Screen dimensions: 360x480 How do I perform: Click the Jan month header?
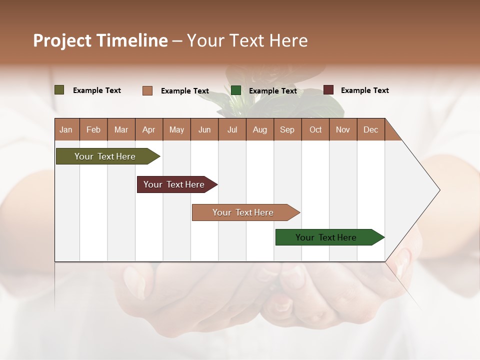66,129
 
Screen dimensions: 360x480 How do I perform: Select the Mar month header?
121,129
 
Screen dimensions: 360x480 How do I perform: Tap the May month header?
176,129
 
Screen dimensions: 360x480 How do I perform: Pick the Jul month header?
232,129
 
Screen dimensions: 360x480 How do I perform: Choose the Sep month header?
287,129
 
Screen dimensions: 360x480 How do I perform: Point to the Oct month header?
315,129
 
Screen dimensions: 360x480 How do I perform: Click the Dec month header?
370,129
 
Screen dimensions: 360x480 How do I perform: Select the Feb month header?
93,129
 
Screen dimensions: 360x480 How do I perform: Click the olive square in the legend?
59,90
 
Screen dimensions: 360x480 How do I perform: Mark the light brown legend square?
147,90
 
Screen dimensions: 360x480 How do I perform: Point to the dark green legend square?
236,90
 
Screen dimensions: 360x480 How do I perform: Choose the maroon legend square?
328,90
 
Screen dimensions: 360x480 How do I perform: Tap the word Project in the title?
61,40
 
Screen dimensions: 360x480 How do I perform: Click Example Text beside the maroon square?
364,90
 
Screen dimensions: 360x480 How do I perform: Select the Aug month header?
259,129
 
